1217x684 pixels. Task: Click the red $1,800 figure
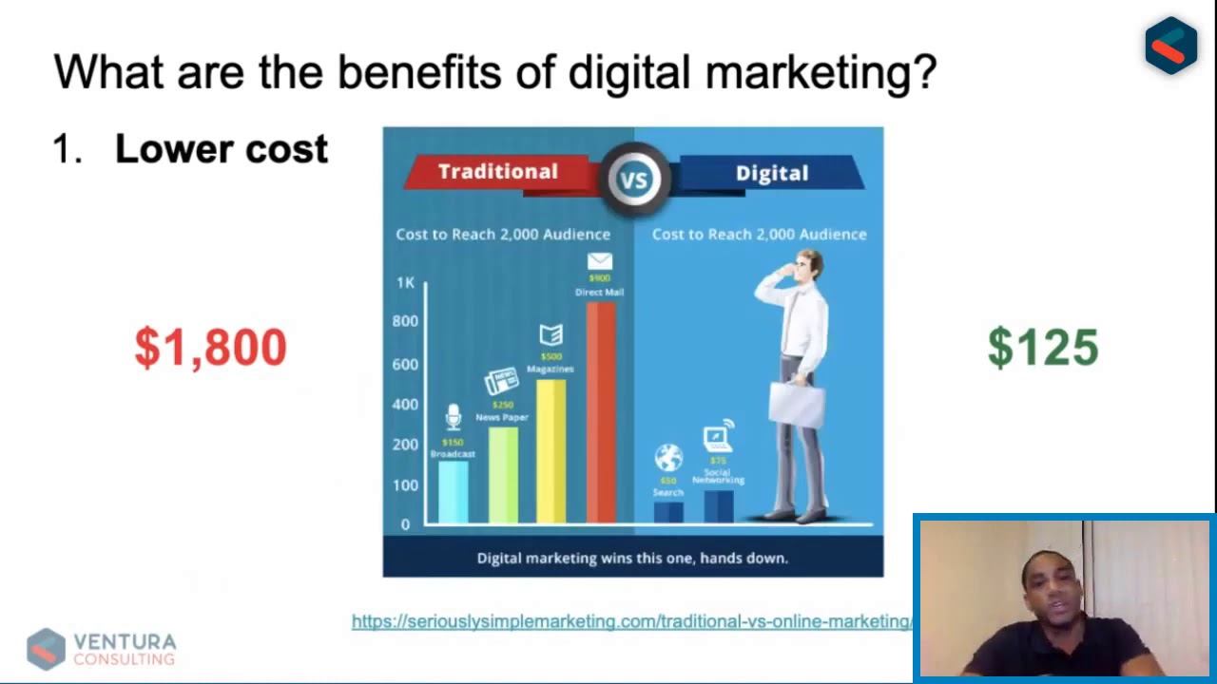pyautogui.click(x=210, y=348)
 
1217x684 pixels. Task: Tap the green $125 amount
pyautogui.click(x=1043, y=348)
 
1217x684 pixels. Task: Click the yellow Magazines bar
pyautogui.click(x=551, y=450)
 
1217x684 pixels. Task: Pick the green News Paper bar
pyautogui.click(x=503, y=474)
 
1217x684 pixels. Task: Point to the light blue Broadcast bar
pyautogui.click(x=453, y=491)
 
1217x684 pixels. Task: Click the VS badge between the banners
pyautogui.click(x=634, y=177)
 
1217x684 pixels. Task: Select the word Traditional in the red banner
pyautogui.click(x=497, y=172)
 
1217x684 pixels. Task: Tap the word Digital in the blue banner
pyautogui.click(x=771, y=174)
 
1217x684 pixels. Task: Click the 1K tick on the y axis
pyautogui.click(x=406, y=283)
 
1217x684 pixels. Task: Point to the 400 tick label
pyautogui.click(x=405, y=405)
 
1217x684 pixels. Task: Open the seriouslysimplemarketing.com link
pyautogui.click(x=631, y=621)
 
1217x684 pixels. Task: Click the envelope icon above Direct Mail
pyautogui.click(x=600, y=261)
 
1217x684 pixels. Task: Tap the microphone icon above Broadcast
pyautogui.click(x=454, y=417)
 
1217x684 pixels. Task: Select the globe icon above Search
pyautogui.click(x=668, y=458)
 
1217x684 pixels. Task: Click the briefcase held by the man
pyautogui.click(x=797, y=403)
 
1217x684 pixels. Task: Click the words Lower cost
pyautogui.click(x=222, y=149)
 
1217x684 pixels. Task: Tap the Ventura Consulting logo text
pyautogui.click(x=125, y=650)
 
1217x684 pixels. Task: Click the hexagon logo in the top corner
pyautogui.click(x=1170, y=45)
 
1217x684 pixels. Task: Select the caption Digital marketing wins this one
pyautogui.click(x=632, y=558)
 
